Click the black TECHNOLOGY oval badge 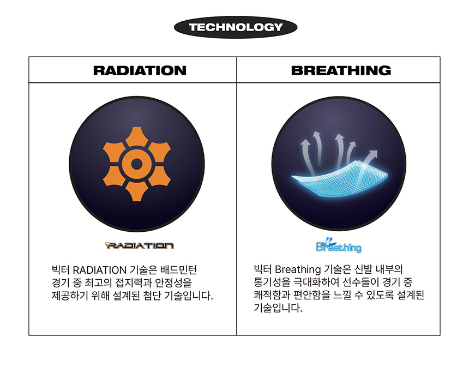(x=236, y=27)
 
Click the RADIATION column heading (x=140, y=70)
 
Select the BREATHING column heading (x=341, y=70)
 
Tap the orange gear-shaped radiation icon (x=137, y=164)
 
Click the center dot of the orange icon (x=137, y=164)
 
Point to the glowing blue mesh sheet (x=340, y=178)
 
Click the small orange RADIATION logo (x=140, y=245)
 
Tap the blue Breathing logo (x=338, y=245)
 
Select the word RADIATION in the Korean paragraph (x=100, y=270)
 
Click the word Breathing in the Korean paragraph (x=298, y=269)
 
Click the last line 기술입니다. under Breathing (x=278, y=308)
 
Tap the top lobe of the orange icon (x=137, y=136)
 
